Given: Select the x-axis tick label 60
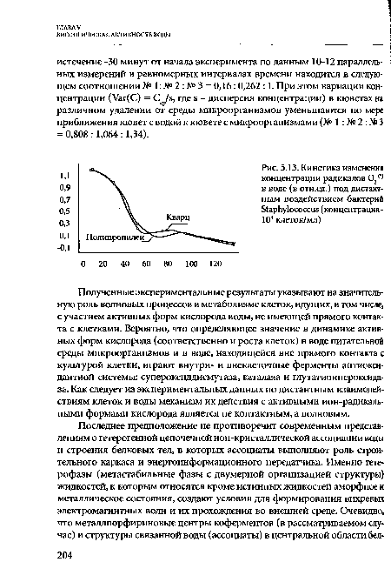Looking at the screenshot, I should tap(145, 263).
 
